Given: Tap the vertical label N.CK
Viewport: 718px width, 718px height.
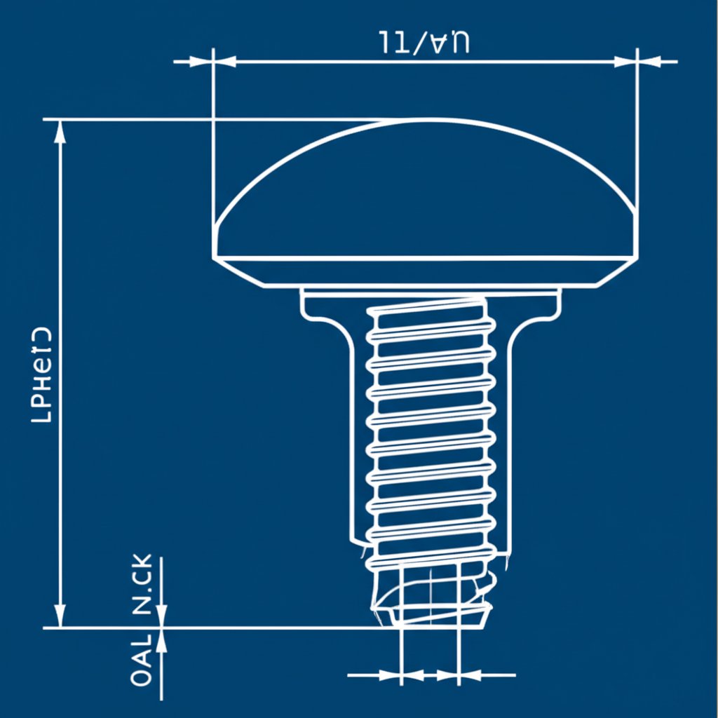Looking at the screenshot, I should click(142, 584).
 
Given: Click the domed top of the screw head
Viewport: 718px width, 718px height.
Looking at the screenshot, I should click(425, 175).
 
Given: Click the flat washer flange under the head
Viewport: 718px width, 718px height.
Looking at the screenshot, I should click(431, 299).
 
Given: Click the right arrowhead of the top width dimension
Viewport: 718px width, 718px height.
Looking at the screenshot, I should click(625, 62).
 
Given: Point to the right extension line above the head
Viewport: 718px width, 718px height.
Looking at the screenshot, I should click(637, 126).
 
